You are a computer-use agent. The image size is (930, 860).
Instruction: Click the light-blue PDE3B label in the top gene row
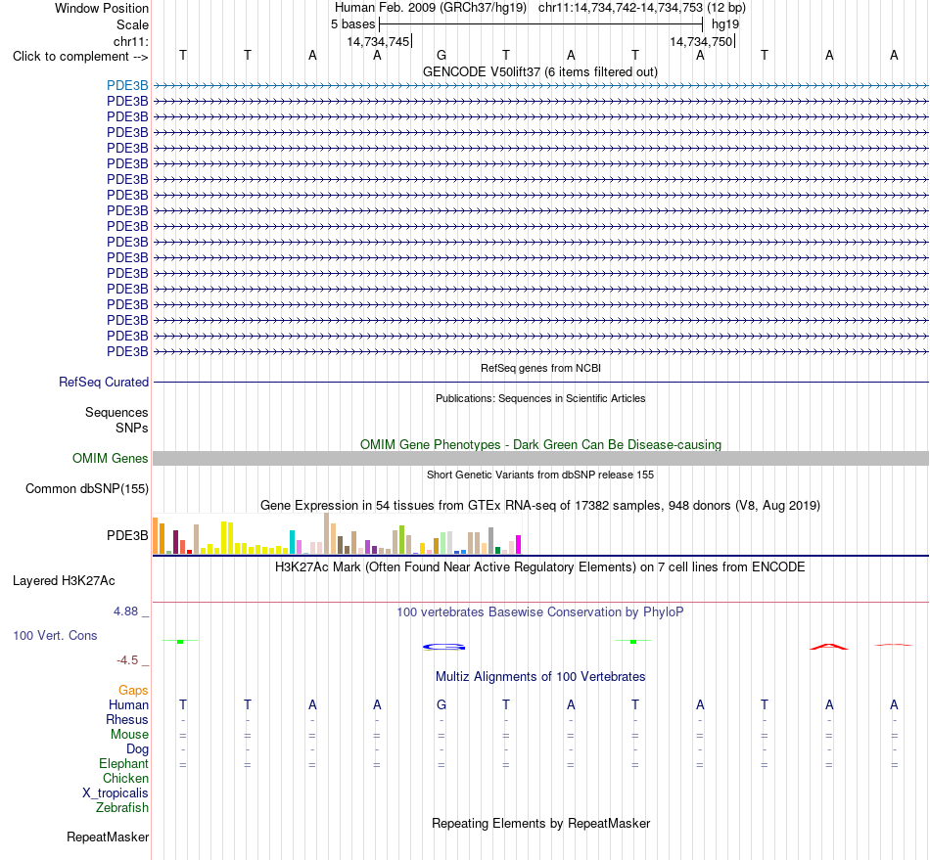[127, 85]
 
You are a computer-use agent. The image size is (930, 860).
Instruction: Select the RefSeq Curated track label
[104, 383]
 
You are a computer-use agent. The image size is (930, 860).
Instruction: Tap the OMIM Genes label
[111, 458]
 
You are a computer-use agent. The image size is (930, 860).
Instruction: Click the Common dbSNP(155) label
[87, 489]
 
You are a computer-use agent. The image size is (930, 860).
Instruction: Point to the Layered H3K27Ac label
[64, 581]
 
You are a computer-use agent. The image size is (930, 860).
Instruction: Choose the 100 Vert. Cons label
[55, 635]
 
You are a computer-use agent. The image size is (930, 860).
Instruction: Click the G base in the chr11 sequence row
[442, 55]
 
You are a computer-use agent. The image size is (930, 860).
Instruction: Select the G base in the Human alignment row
[442, 704]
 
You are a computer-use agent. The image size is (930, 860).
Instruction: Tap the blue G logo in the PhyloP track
[443, 648]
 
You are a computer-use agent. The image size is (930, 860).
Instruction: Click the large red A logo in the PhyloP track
[829, 647]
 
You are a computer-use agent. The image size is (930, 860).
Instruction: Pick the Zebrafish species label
[122, 808]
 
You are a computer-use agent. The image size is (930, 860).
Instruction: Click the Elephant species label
[124, 764]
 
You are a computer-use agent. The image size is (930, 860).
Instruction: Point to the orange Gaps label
[133, 690]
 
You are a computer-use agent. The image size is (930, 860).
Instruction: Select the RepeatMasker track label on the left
[108, 837]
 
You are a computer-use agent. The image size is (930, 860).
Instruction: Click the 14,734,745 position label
[379, 41]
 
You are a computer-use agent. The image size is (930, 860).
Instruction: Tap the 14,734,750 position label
[701, 41]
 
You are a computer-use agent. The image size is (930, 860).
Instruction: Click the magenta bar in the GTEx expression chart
[519, 545]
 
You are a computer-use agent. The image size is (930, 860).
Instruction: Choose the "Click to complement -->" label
[80, 57]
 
